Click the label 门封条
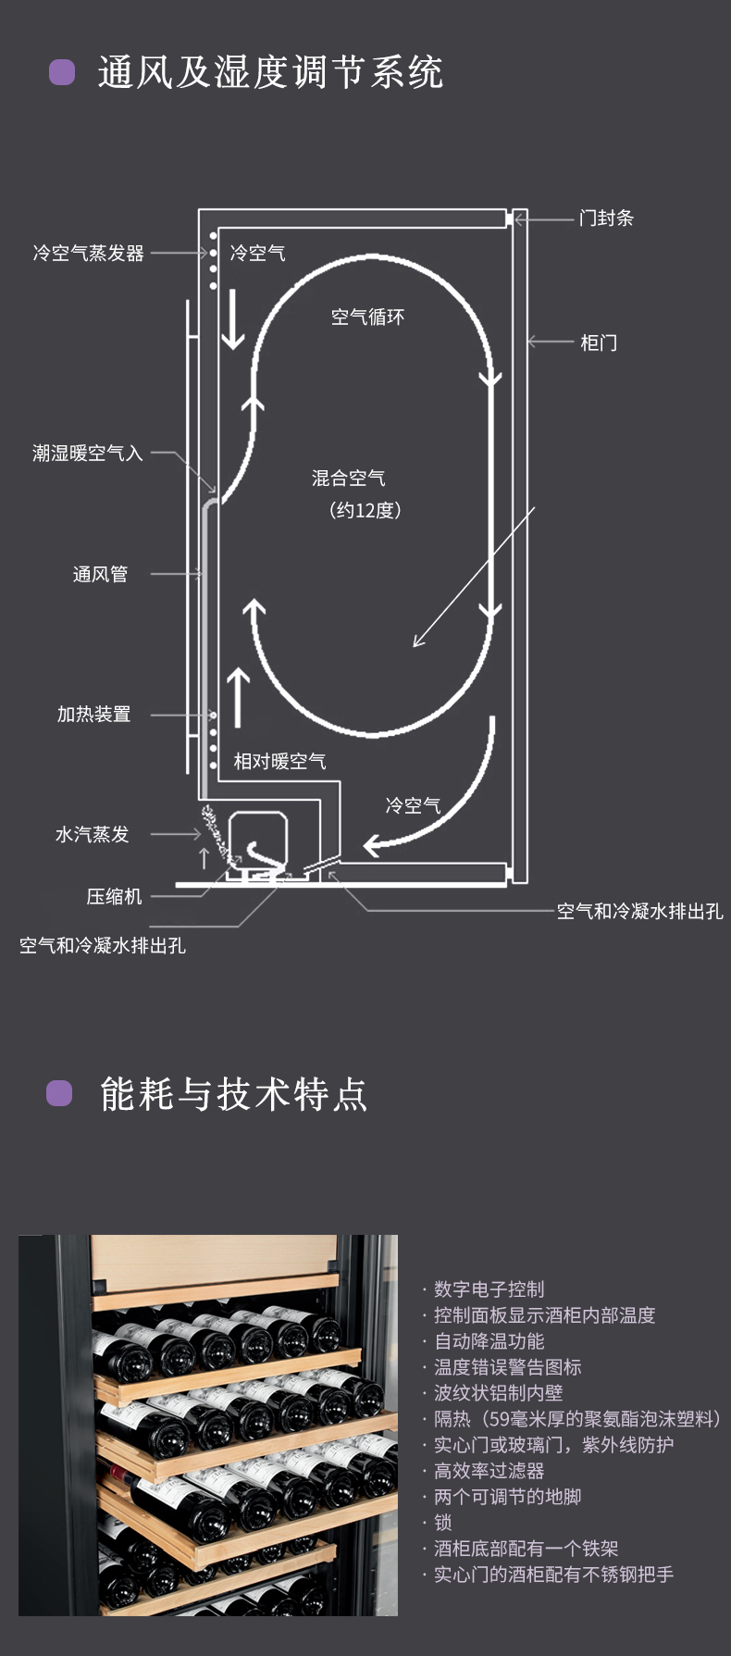606,218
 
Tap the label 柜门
598,342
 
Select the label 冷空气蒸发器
89,253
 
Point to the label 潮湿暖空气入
88,453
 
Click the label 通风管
100,574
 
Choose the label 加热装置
93,714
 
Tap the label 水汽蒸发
92,834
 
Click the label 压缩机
114,896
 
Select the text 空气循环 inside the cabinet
367,317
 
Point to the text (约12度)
365,510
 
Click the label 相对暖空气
279,761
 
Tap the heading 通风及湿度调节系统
270,72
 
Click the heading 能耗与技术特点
234,1094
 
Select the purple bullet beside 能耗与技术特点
60,1093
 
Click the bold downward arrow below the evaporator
232,319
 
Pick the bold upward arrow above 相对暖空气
239,697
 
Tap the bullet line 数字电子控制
489,1289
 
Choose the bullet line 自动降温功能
489,1340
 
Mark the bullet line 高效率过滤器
489,1470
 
